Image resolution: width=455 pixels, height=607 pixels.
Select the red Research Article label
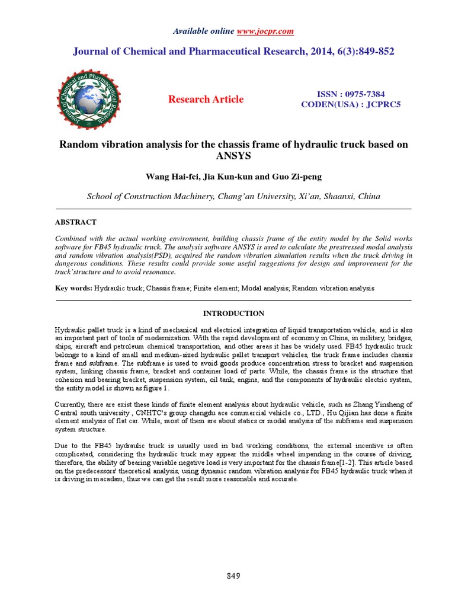[x=206, y=99]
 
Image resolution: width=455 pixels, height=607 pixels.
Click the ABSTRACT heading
[x=75, y=222]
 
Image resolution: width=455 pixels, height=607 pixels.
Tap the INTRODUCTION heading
[x=233, y=314]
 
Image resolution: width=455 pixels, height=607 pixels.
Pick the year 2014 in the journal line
[x=309, y=52]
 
